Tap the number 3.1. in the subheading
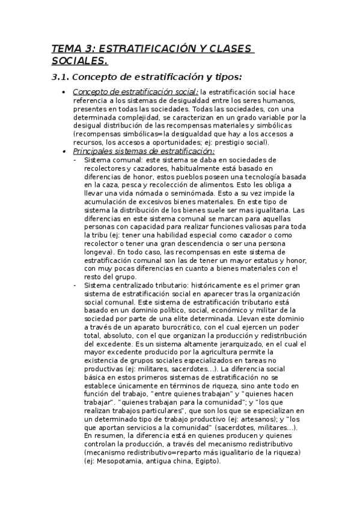pyautogui.click(x=61, y=77)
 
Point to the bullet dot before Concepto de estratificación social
pyautogui.click(x=64, y=92)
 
